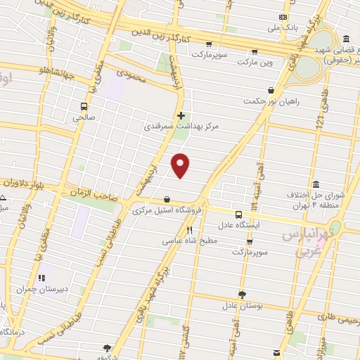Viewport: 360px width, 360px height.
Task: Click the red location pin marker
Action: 181,165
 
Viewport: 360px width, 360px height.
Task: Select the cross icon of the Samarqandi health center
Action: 181,115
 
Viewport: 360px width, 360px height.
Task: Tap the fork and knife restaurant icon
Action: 189,230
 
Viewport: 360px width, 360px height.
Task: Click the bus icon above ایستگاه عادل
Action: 238,214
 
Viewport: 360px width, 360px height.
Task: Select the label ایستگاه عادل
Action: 239,226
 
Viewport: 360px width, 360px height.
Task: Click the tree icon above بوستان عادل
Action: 243,295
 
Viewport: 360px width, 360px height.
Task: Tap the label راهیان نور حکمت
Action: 271,101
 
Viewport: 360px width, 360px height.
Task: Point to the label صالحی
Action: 82,118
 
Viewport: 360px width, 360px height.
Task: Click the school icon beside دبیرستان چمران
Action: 42,278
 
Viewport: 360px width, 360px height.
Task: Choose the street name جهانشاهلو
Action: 44,71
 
